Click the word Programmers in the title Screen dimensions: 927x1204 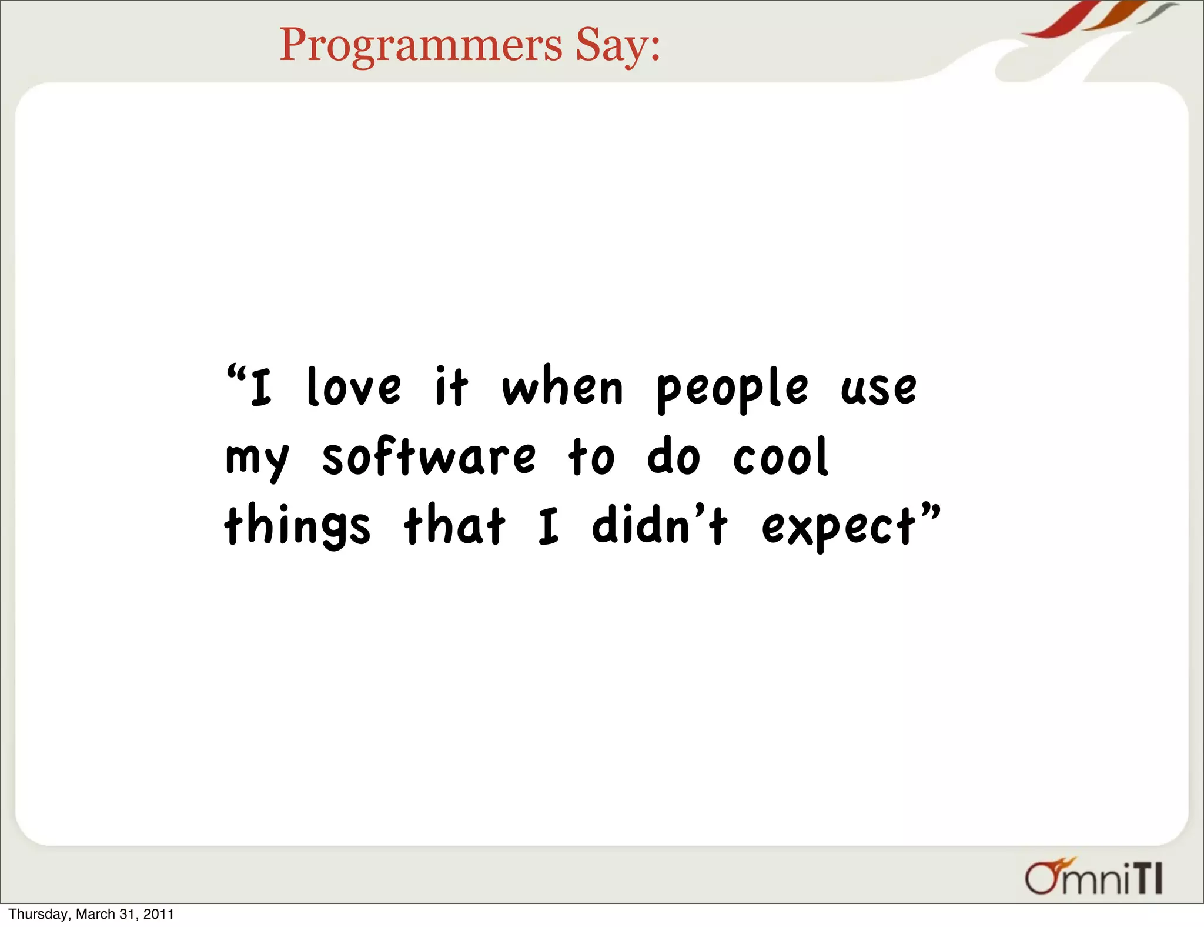(x=420, y=46)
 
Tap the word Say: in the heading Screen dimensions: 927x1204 (x=617, y=46)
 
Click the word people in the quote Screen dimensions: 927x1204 (x=733, y=389)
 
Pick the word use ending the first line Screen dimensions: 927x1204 (x=878, y=389)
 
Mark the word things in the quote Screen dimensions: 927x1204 (x=297, y=525)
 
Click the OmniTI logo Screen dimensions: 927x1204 (x=1093, y=878)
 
